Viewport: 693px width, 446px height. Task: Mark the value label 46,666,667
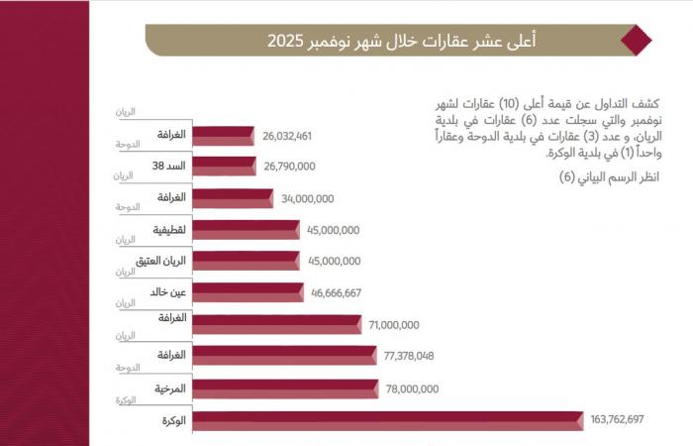pos(336,292)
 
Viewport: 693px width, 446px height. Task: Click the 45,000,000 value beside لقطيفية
pos(333,230)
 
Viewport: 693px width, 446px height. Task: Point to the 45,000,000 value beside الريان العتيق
pos(333,262)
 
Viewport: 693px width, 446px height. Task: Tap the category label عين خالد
pos(171,291)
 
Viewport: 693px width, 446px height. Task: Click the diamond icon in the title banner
pos(635,41)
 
